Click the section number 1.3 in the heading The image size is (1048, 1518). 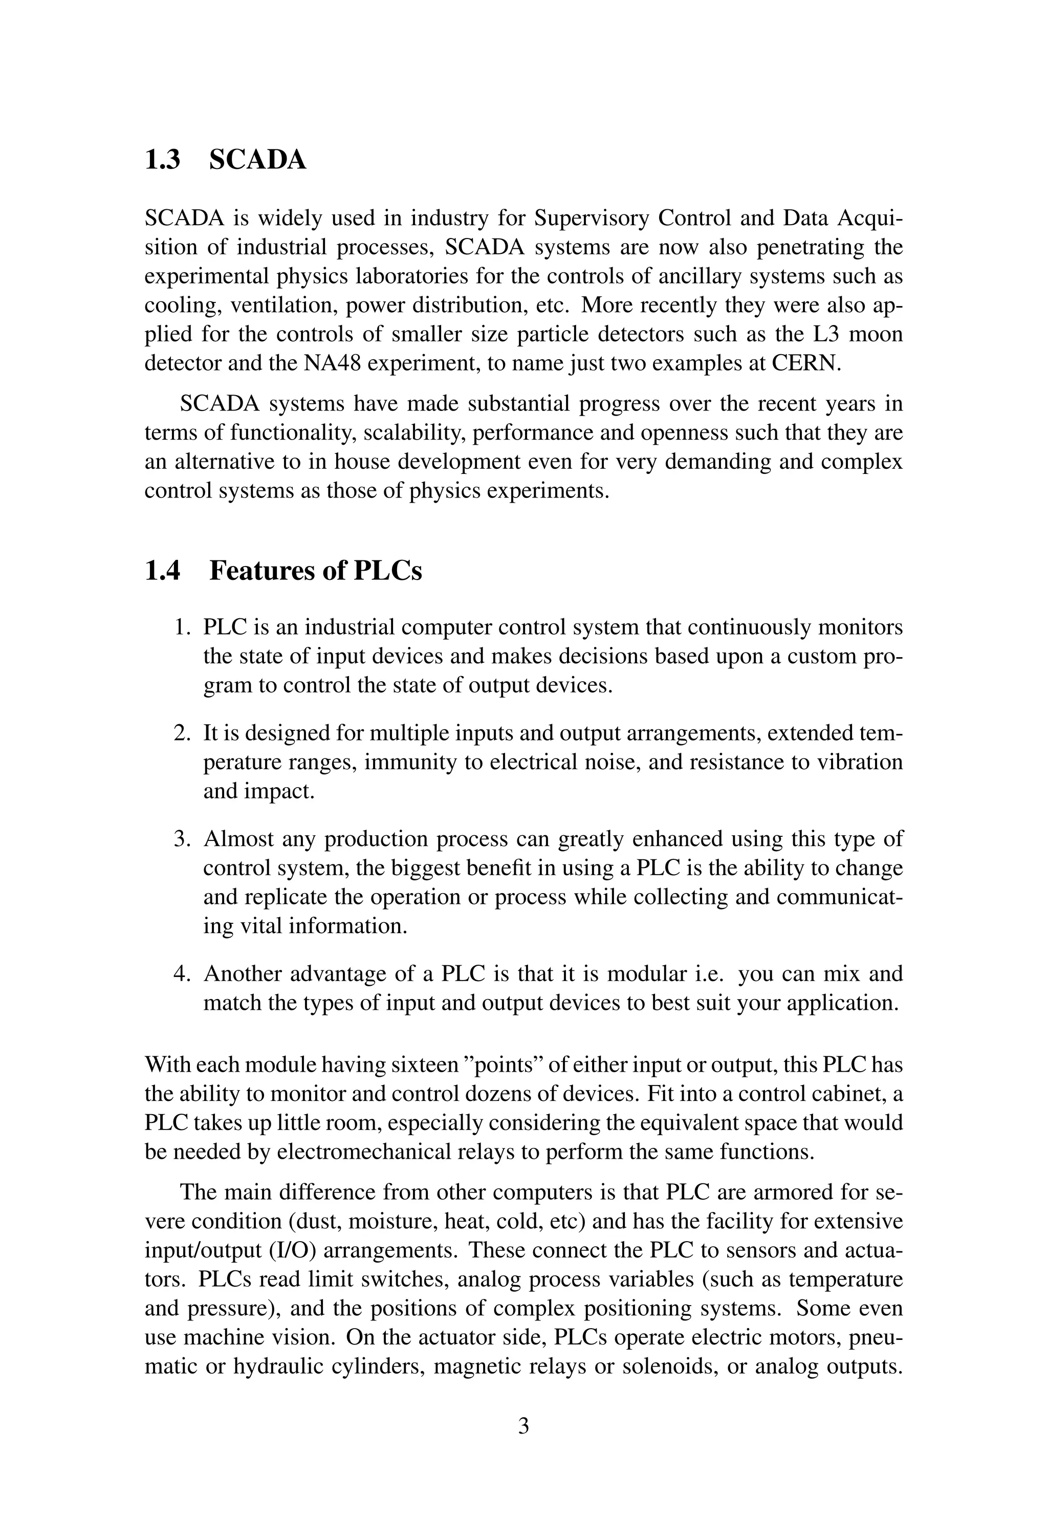click(x=162, y=160)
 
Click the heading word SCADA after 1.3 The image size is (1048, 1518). click(x=257, y=160)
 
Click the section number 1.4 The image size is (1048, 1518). click(x=162, y=571)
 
